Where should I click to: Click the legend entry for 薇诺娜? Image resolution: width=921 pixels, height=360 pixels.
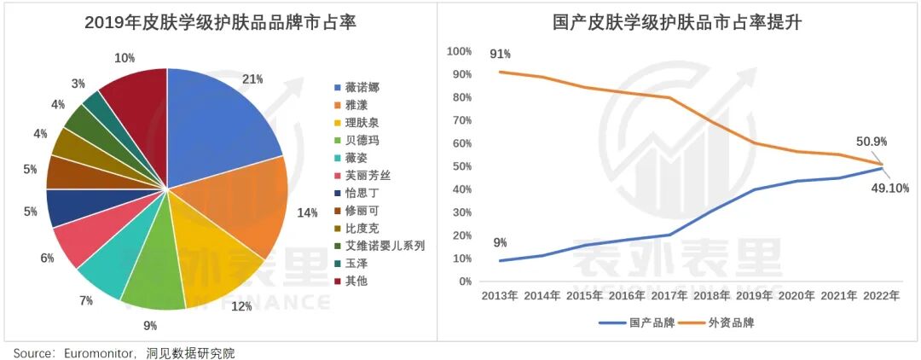pos(362,87)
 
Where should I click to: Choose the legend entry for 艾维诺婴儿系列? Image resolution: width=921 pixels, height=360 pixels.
pos(384,246)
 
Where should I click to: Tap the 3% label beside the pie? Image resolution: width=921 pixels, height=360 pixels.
pos(78,84)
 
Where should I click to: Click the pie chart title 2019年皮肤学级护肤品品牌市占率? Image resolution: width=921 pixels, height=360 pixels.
pos(220,23)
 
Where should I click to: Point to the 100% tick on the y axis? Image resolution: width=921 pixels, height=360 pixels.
pos(458,52)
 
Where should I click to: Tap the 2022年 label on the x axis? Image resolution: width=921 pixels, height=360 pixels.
pos(881,296)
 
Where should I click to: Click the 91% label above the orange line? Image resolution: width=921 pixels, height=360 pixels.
pos(500,55)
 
